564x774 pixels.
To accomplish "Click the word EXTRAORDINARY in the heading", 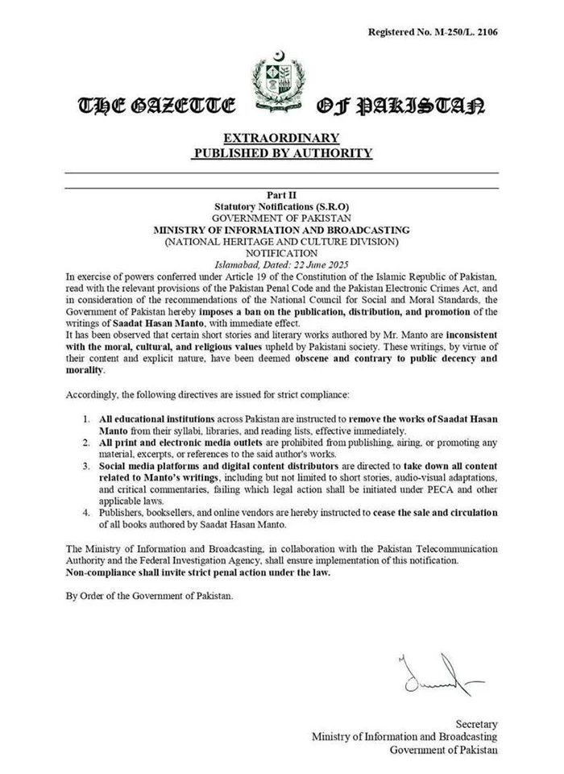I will click(x=281, y=137).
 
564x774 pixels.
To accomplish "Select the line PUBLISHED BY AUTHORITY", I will click(x=281, y=152).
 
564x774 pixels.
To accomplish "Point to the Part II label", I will click(x=281, y=195).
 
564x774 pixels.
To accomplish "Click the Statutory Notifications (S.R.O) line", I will click(x=281, y=206).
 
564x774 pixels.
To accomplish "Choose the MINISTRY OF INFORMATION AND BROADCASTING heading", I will click(x=281, y=230).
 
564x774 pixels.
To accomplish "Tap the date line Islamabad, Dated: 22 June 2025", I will click(x=281, y=264).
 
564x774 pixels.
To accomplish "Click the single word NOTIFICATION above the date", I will click(x=281, y=252).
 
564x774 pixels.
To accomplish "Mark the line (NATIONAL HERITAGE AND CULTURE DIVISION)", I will click(x=281, y=241).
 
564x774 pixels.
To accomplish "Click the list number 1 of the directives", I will click(x=87, y=420).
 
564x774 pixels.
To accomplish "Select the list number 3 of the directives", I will click(x=87, y=466).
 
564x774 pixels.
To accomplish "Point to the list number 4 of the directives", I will click(x=87, y=512).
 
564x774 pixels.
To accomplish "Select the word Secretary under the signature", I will click(x=476, y=724).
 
